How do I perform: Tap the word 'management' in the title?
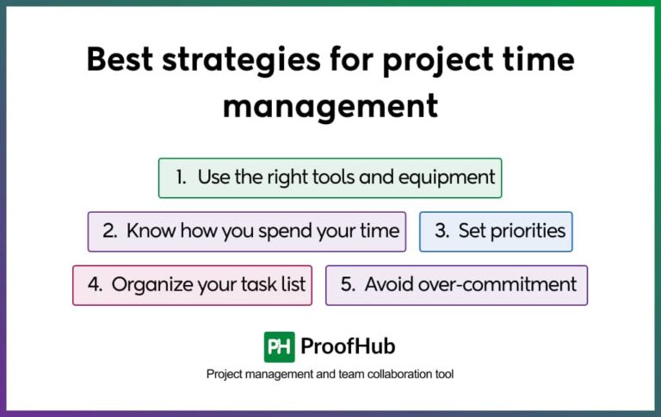point(330,108)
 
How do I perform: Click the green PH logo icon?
point(279,346)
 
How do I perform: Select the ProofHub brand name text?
point(348,346)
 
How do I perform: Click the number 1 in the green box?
point(181,177)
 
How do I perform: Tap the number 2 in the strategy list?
point(109,231)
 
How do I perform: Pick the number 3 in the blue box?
point(441,231)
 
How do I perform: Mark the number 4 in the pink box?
point(95,284)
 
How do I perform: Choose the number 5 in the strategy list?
point(347,284)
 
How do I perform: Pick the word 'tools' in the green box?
point(331,177)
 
